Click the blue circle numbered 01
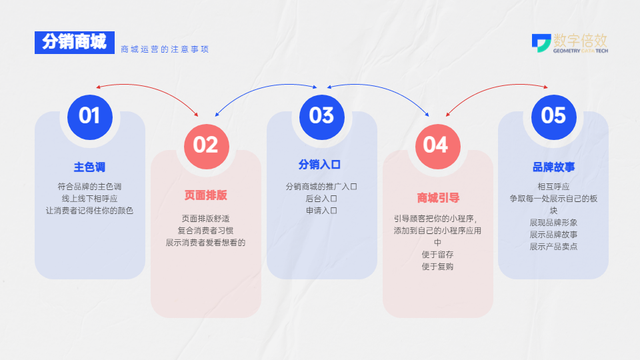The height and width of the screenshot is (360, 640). [89, 115]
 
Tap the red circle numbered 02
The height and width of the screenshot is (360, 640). [205, 145]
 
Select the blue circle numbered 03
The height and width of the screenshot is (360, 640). [321, 115]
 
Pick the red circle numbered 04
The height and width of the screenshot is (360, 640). [436, 145]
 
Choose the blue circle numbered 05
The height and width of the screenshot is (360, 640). [553, 115]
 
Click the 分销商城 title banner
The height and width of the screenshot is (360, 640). [74, 42]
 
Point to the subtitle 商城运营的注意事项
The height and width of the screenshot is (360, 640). [164, 48]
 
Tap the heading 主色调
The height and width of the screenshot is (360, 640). [89, 165]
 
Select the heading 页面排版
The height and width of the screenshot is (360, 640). [205, 195]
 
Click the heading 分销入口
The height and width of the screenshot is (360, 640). [321, 165]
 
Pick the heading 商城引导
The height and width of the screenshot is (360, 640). [436, 197]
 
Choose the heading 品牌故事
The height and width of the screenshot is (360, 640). [553, 167]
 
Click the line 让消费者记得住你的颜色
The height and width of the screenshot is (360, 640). [89, 211]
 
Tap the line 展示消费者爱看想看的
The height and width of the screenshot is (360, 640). [205, 243]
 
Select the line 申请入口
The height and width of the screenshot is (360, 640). [321, 211]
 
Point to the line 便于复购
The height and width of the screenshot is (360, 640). [437, 266]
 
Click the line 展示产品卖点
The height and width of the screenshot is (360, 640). [553, 246]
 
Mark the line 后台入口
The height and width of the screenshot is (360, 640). [321, 199]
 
